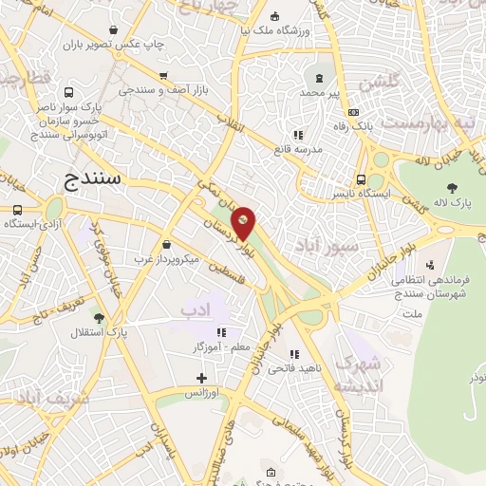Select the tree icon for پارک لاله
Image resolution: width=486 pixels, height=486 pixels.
tap(451, 187)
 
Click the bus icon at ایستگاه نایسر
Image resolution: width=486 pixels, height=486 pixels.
tap(361, 179)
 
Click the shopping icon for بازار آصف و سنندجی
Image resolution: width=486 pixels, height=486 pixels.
tap(163, 76)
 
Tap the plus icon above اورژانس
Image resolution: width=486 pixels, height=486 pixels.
tap(201, 378)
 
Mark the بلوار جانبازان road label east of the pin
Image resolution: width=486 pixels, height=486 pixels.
tap(374, 270)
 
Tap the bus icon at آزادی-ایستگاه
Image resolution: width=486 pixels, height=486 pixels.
tap(18, 210)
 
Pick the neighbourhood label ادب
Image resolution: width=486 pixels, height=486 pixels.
tap(193, 309)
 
